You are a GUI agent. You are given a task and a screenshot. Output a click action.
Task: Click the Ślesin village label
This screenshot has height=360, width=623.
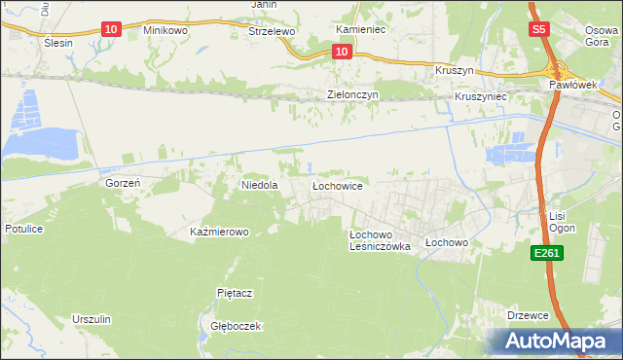point(59,43)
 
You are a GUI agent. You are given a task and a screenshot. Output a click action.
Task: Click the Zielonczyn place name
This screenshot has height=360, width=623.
point(351,94)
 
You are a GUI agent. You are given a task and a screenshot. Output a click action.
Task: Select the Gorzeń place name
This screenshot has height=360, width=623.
point(124,182)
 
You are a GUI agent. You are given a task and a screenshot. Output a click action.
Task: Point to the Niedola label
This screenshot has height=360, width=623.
point(260,184)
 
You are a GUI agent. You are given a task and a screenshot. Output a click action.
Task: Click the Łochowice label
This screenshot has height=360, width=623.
point(337,184)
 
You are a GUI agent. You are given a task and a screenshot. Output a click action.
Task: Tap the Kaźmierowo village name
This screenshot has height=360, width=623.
point(220,232)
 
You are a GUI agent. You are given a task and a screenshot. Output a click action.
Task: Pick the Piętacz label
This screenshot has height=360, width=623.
point(235,292)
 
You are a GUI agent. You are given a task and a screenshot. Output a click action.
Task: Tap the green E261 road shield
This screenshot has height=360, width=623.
point(545,253)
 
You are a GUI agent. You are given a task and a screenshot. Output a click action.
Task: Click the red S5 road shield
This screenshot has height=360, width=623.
point(540,30)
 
